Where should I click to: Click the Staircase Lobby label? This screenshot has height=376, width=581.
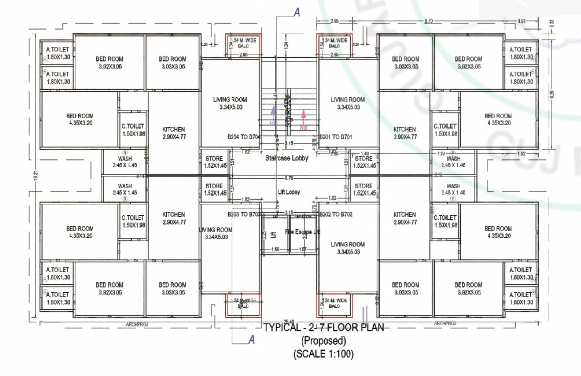[287, 158]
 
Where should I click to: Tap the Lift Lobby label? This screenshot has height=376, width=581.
[289, 192]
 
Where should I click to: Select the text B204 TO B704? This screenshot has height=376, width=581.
[243, 137]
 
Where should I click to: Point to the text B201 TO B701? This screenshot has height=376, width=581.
[336, 137]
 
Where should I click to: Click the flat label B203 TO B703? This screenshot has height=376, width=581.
[243, 214]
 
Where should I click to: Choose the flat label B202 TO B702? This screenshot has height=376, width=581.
[336, 214]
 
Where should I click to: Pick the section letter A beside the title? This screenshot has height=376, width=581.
[251, 339]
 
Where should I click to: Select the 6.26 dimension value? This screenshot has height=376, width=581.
[552, 93]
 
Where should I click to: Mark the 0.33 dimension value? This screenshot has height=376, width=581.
[552, 23]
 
